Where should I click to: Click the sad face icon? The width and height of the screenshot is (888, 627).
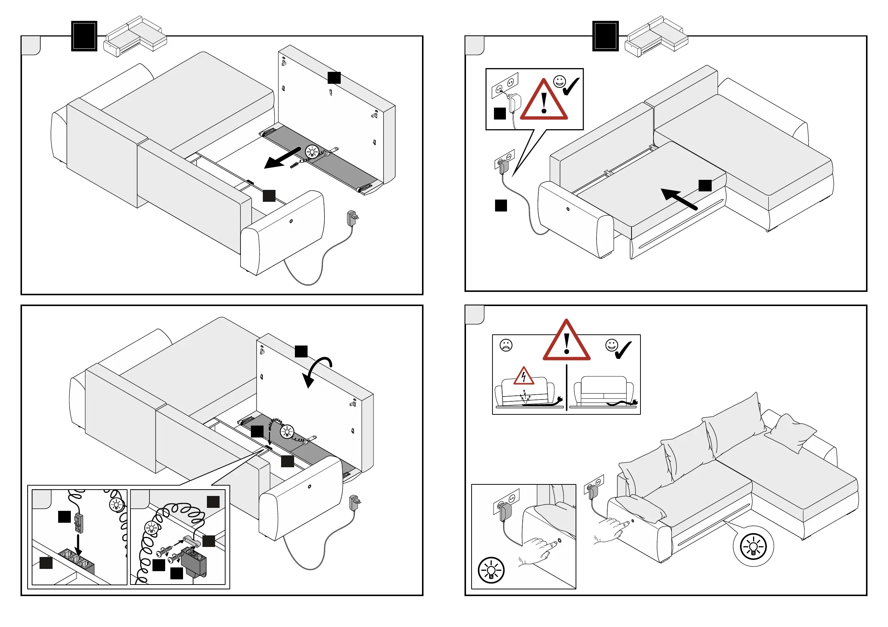coord(506,345)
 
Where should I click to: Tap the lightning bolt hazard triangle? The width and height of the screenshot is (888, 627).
coord(524,377)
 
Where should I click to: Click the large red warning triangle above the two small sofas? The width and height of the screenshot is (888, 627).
coord(566,342)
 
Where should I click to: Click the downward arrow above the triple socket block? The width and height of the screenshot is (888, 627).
coord(78,544)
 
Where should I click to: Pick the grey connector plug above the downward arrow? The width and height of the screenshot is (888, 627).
coord(79,522)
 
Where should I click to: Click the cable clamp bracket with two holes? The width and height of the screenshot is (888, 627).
coord(190,541)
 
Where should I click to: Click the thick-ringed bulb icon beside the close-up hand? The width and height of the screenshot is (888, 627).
coord(491,570)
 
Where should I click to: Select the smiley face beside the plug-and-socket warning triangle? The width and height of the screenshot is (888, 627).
coord(559,82)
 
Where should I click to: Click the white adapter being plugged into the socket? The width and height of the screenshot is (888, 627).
coord(515,103)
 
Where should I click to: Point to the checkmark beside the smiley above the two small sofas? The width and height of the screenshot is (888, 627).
coord(622,350)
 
